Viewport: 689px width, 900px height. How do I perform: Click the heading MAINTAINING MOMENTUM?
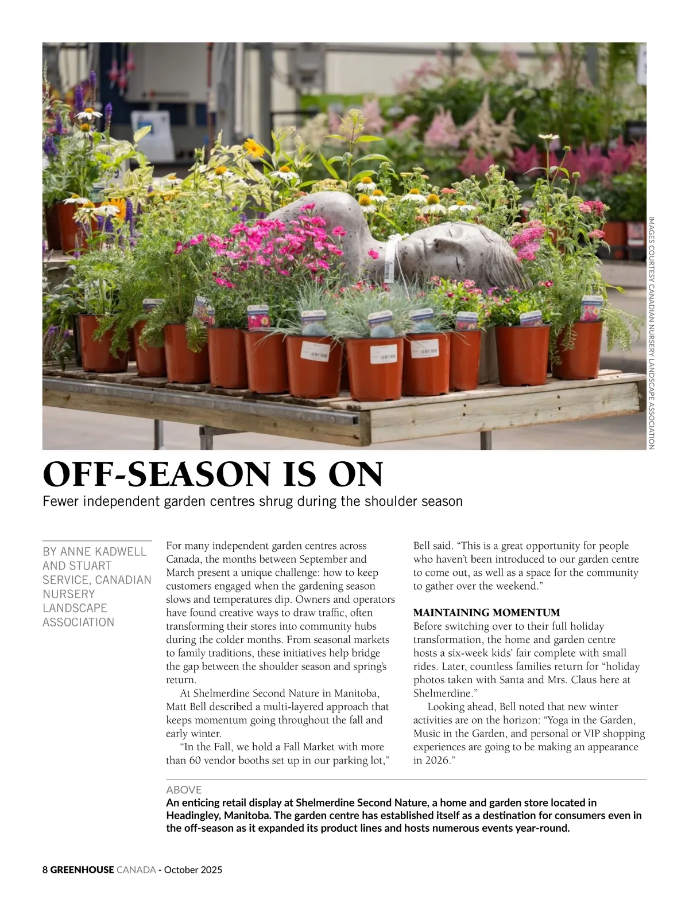pos(486,613)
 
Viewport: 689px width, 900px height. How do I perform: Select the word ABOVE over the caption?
pos(184,790)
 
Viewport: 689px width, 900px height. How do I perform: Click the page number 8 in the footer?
pos(45,870)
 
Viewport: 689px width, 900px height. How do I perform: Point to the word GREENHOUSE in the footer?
pos(82,870)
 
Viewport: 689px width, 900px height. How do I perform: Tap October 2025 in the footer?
pos(193,870)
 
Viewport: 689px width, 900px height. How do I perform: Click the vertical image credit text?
pos(651,333)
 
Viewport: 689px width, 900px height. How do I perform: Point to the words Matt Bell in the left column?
pos(184,707)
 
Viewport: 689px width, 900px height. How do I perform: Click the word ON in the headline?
pos(356,475)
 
